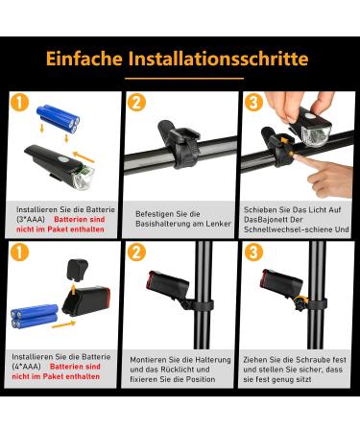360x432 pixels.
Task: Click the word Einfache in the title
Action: pos(84,59)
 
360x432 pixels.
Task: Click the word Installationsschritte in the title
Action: pos(219,59)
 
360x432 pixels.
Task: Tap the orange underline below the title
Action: pos(184,78)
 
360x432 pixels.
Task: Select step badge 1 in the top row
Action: pos(19,102)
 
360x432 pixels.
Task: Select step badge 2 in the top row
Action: pos(136,102)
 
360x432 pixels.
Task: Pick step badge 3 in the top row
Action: pos(253,102)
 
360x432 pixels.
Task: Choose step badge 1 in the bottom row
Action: pos(19,252)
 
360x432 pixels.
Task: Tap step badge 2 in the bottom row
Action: pos(136,252)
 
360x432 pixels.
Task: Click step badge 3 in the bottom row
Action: pos(253,252)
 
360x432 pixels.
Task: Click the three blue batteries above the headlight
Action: pos(59,118)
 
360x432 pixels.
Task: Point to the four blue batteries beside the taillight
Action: pos(35,316)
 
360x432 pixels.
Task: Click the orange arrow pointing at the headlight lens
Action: pos(84,156)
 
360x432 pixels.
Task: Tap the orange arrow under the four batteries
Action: pos(63,324)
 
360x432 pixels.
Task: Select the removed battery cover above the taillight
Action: pos(77,270)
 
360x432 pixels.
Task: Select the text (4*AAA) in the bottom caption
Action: pos(26,367)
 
